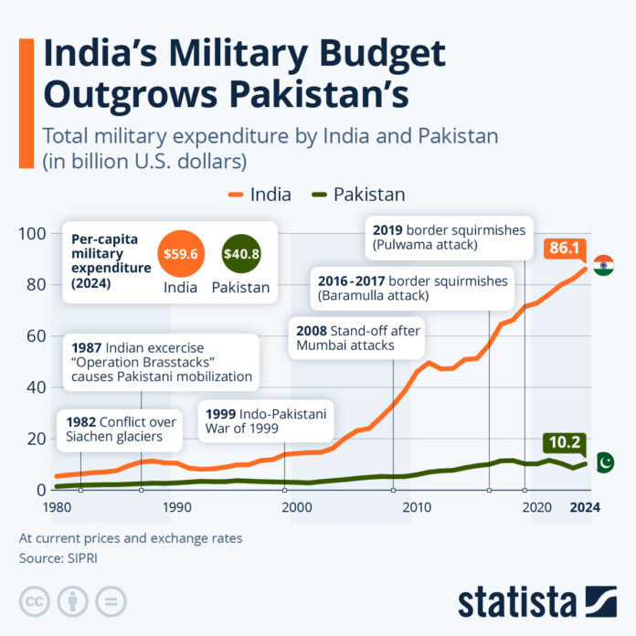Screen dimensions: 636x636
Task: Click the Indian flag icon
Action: click(x=603, y=265)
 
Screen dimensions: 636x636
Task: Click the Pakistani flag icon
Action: click(x=604, y=462)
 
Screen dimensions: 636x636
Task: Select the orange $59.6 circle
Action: click(x=180, y=252)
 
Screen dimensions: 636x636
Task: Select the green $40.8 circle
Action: click(x=240, y=252)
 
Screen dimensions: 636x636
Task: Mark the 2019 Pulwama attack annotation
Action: click(x=447, y=238)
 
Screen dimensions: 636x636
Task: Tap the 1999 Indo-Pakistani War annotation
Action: click(x=266, y=420)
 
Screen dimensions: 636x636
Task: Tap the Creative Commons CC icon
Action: click(x=36, y=600)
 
